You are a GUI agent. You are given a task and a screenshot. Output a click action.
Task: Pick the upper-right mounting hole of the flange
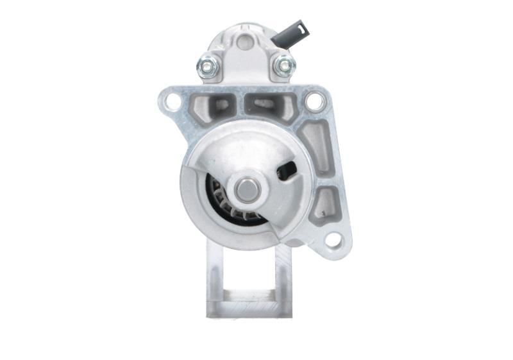coord(314,101)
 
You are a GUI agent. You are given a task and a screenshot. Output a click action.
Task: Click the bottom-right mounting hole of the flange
coord(332,240)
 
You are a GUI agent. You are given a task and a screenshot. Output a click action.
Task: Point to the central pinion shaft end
coord(247,189)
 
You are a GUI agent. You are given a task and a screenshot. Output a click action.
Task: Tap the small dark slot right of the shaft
coord(286,170)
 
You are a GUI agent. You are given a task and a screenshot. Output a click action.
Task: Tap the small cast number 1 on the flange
coord(324,212)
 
